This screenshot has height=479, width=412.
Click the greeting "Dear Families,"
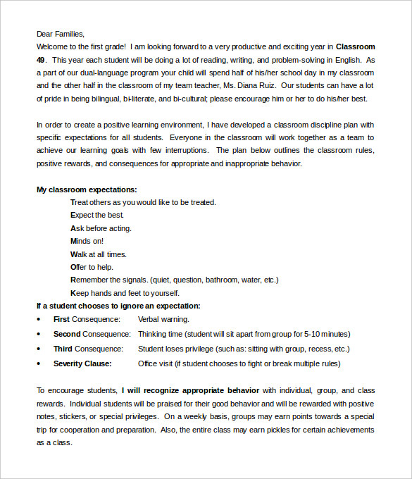(60, 33)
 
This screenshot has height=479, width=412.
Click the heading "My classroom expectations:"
(87, 189)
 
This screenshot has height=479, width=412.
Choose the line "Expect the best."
(97, 215)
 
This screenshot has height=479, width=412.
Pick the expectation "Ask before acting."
(101, 228)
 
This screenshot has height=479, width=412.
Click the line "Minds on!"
(87, 241)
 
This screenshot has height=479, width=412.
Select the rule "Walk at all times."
(99, 254)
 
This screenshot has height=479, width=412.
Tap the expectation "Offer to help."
(92, 267)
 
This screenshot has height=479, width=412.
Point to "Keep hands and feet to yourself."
(125, 293)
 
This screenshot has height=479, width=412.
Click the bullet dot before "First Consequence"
(39, 320)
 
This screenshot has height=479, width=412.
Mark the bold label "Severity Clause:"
(82, 363)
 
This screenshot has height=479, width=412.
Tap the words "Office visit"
(155, 363)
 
